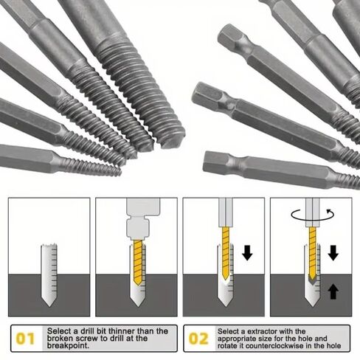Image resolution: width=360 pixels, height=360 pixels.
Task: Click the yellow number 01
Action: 25,339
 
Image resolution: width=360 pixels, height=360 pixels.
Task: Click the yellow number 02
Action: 198,339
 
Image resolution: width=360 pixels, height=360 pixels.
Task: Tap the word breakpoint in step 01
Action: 68,345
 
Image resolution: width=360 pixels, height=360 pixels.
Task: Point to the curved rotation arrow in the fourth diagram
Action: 313,215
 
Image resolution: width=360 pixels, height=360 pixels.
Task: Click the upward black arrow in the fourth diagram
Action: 333,291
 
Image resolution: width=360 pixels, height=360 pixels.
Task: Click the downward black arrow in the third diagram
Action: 247,252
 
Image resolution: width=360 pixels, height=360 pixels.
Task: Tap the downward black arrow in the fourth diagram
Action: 333,252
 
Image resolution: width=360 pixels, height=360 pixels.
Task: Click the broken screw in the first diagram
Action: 49,275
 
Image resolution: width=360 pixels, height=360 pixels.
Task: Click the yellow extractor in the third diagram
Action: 226,253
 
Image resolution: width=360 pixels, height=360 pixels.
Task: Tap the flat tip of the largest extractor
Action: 175,140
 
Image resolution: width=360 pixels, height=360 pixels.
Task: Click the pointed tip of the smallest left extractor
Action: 120,172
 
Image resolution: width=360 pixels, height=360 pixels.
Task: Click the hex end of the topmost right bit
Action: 231,37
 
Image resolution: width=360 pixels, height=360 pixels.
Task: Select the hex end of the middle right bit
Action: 207,95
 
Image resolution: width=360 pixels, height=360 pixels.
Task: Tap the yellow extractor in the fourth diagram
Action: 313,255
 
